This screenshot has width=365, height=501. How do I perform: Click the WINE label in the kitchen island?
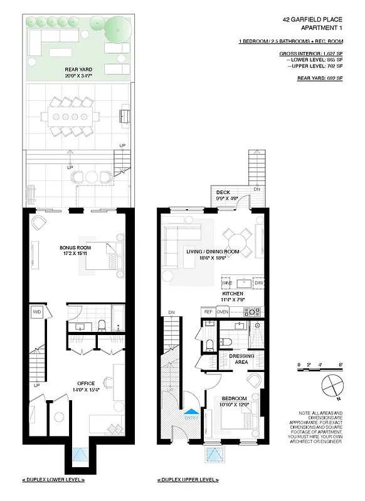226,283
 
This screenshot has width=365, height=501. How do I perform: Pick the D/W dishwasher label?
258,283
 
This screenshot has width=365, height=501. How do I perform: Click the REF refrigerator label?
208,311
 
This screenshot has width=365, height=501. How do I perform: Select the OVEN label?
222,311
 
